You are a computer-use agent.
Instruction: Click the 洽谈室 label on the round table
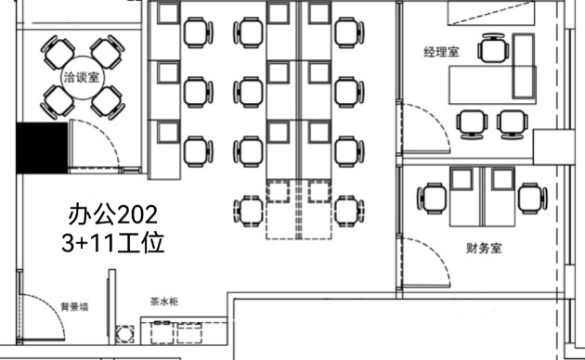click(x=82, y=77)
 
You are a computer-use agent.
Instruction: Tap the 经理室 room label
click(x=441, y=52)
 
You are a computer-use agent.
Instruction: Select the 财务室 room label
click(x=484, y=249)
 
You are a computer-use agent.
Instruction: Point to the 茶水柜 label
click(x=164, y=302)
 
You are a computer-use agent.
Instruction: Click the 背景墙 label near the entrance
click(x=74, y=307)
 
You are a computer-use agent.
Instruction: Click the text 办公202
click(x=112, y=214)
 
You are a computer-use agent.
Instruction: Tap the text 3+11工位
click(x=112, y=242)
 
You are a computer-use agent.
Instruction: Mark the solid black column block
click(x=42, y=148)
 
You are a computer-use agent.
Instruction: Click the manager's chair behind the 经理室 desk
click(x=493, y=49)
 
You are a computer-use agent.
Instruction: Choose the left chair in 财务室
click(x=431, y=199)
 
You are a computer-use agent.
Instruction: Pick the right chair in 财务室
click(x=533, y=199)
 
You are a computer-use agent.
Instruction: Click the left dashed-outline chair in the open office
click(x=249, y=212)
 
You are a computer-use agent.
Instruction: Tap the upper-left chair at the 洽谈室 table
click(x=58, y=52)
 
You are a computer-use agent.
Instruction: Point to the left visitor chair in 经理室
click(x=472, y=124)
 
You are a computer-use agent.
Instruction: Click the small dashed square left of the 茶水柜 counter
click(x=124, y=334)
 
